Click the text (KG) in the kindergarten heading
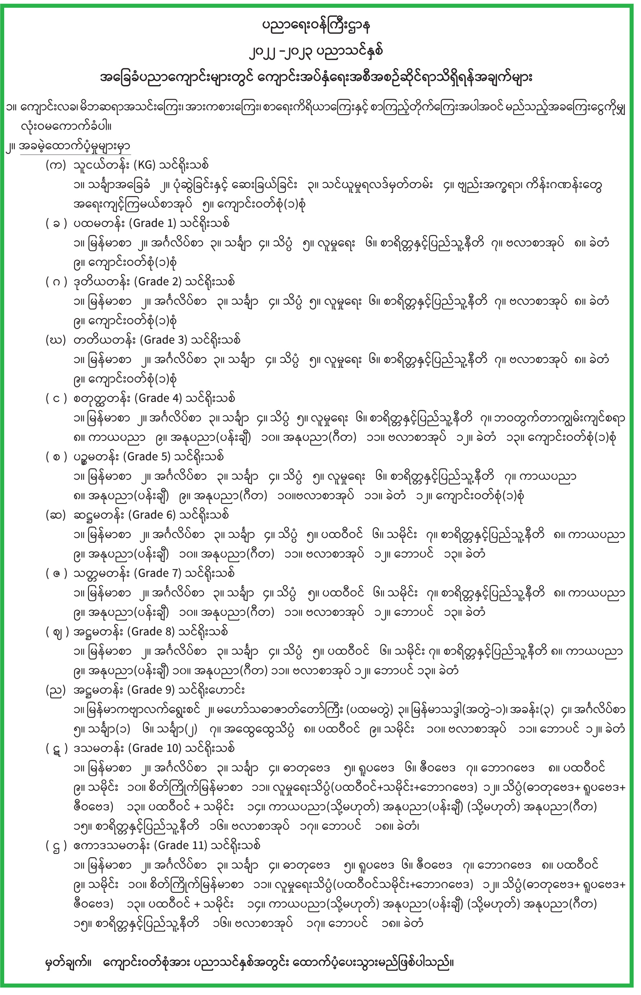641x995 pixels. [x=144, y=165]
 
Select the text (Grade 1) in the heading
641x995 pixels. [x=153, y=223]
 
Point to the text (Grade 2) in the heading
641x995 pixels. [x=158, y=281]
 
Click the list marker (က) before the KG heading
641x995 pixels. [x=56, y=165]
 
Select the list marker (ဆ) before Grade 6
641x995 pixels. [x=56, y=515]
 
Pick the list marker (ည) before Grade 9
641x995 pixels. [x=56, y=690]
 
